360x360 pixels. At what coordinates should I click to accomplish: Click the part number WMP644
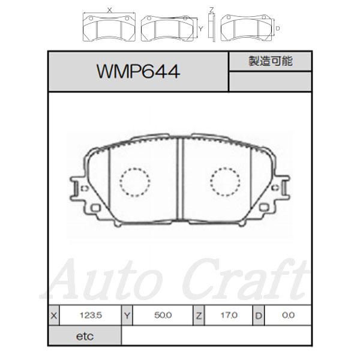point(138,71)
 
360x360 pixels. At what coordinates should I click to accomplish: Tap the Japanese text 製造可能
point(271,61)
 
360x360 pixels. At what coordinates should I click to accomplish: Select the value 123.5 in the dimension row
point(91,315)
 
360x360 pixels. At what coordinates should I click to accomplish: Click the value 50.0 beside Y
point(163,315)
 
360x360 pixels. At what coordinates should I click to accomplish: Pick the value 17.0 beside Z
point(229,315)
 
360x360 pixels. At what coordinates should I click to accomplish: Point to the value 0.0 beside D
point(288,315)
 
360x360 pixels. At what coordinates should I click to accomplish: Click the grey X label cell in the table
point(54,316)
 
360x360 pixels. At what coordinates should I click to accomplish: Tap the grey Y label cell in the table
point(127,316)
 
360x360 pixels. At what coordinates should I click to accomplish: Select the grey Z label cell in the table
point(199,316)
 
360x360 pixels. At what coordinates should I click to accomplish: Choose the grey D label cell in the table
point(259,316)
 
